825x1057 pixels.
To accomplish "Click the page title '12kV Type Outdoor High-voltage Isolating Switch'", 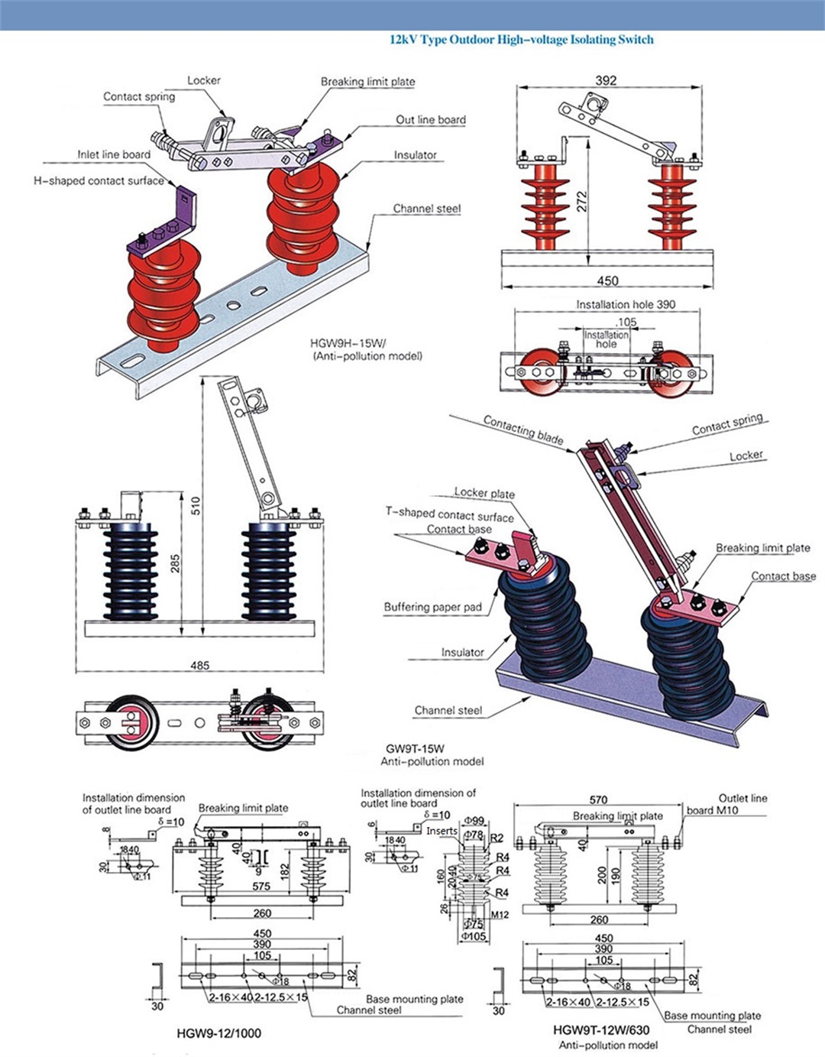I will [x=522, y=40].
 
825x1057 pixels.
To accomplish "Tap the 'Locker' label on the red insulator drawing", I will [x=204, y=80].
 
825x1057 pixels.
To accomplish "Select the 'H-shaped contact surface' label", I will [x=99, y=181].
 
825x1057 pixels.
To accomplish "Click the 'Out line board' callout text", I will [x=430, y=120].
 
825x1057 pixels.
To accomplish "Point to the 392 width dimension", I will [x=606, y=80].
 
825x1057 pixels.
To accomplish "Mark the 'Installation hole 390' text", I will [x=626, y=304].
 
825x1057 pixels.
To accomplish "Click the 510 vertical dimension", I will [x=196, y=505].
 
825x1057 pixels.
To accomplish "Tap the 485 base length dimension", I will [x=200, y=666].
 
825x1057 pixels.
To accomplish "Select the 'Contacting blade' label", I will [x=523, y=430].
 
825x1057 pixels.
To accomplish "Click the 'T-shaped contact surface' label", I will [x=449, y=514].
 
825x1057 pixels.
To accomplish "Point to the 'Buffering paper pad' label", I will [x=432, y=607].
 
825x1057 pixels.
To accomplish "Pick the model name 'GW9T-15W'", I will [x=415, y=749].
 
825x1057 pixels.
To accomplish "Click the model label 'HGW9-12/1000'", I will [x=218, y=1033].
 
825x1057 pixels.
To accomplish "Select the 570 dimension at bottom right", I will [x=599, y=799].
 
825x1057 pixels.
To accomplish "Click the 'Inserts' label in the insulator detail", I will [x=442, y=831].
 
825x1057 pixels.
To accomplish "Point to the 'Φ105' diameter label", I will [x=474, y=936].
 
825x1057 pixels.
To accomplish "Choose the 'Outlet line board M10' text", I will [x=726, y=804].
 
